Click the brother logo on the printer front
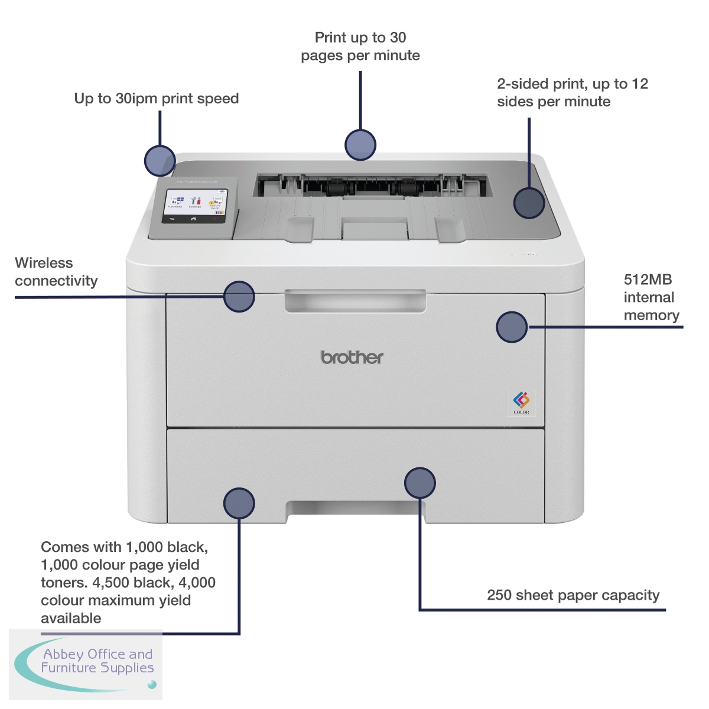(x=352, y=357)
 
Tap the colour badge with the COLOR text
(x=521, y=402)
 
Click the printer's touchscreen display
(x=194, y=206)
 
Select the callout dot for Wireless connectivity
(x=239, y=296)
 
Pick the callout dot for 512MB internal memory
(x=512, y=327)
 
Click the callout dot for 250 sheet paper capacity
(x=420, y=483)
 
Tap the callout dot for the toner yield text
(x=239, y=503)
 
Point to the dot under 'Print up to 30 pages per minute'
(x=360, y=145)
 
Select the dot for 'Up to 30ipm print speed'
(x=160, y=161)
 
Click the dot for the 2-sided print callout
(x=529, y=203)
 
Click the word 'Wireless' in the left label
(x=44, y=263)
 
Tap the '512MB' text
(x=648, y=279)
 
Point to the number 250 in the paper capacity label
(x=499, y=595)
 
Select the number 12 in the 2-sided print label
(x=639, y=84)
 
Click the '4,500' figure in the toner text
(x=110, y=583)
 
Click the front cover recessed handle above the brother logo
(x=355, y=300)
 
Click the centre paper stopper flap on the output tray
(x=375, y=227)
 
